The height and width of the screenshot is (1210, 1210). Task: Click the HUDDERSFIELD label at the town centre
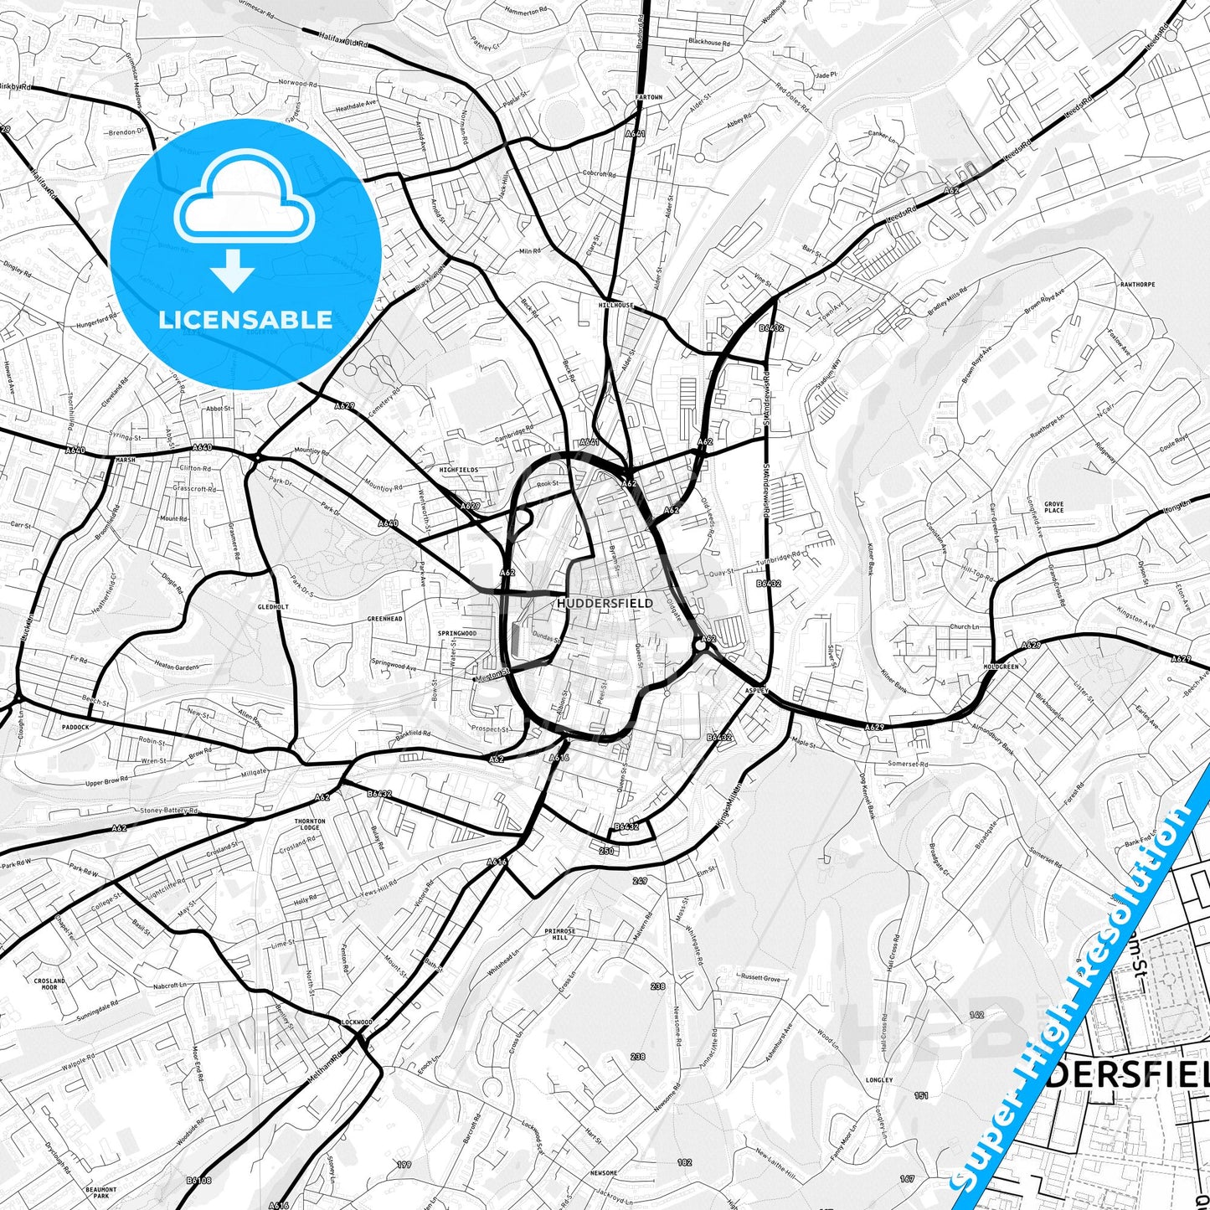pos(605,603)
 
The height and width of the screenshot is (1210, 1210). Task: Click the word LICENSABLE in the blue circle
pos(245,320)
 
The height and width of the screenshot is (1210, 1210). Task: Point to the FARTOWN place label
pos(649,97)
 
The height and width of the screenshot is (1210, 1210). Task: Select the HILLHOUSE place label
pos(616,306)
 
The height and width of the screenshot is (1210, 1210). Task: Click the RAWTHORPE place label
pos(1137,285)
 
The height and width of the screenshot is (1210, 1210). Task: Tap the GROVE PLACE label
pos(1053,507)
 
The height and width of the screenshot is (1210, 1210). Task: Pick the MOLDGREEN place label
pos(1001,667)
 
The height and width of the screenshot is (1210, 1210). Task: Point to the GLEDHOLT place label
pos(273,607)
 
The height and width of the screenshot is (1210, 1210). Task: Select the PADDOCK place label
pos(75,727)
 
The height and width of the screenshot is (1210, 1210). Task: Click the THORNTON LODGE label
pos(308,824)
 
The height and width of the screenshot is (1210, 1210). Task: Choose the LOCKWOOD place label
pos(356,1022)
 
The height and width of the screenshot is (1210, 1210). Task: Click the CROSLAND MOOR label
pos(50,984)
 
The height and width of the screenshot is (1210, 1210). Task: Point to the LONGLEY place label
pos(879,1080)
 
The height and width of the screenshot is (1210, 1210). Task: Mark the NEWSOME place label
pos(603,1173)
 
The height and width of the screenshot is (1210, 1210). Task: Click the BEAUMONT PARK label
pos(101,1192)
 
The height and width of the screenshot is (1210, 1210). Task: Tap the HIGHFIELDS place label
pos(459,471)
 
